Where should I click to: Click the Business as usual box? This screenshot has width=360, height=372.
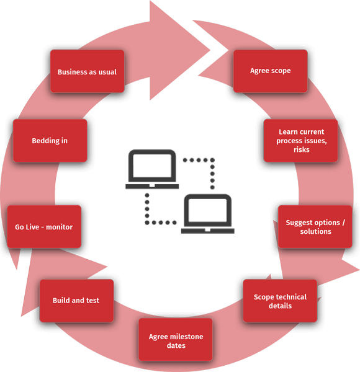pyautogui.click(x=87, y=71)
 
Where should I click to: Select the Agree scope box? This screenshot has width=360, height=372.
pyautogui.click(x=271, y=71)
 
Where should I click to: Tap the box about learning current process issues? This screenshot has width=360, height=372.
pyautogui.click(x=300, y=141)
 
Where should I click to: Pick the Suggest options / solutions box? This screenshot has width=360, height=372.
pyautogui.click(x=315, y=227)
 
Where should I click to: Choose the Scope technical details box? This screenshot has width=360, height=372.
pyautogui.click(x=280, y=301)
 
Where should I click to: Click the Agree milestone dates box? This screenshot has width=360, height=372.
pyautogui.click(x=176, y=340)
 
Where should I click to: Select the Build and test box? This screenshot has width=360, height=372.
pyautogui.click(x=76, y=301)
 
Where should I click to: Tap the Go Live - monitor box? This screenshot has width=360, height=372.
pyautogui.click(x=44, y=226)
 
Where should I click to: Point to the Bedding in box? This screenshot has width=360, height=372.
pyautogui.click(x=50, y=141)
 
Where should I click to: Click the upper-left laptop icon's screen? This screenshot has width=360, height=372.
pyautogui.click(x=152, y=166)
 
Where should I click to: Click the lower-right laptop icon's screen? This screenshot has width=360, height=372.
pyautogui.click(x=208, y=210)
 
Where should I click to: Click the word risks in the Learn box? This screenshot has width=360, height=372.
pyautogui.click(x=302, y=149)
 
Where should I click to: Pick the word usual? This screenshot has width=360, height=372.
pyautogui.click(x=108, y=72)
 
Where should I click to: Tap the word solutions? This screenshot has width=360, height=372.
pyautogui.click(x=315, y=231)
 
